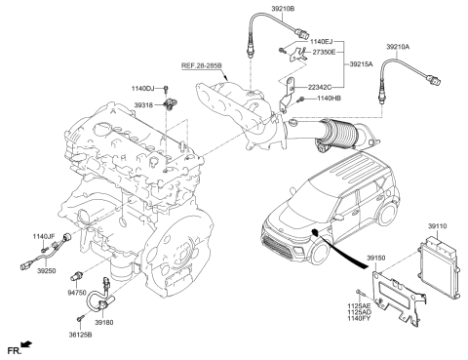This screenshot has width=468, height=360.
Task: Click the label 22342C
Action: (324, 86)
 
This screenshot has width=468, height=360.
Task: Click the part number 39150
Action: (379, 260)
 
